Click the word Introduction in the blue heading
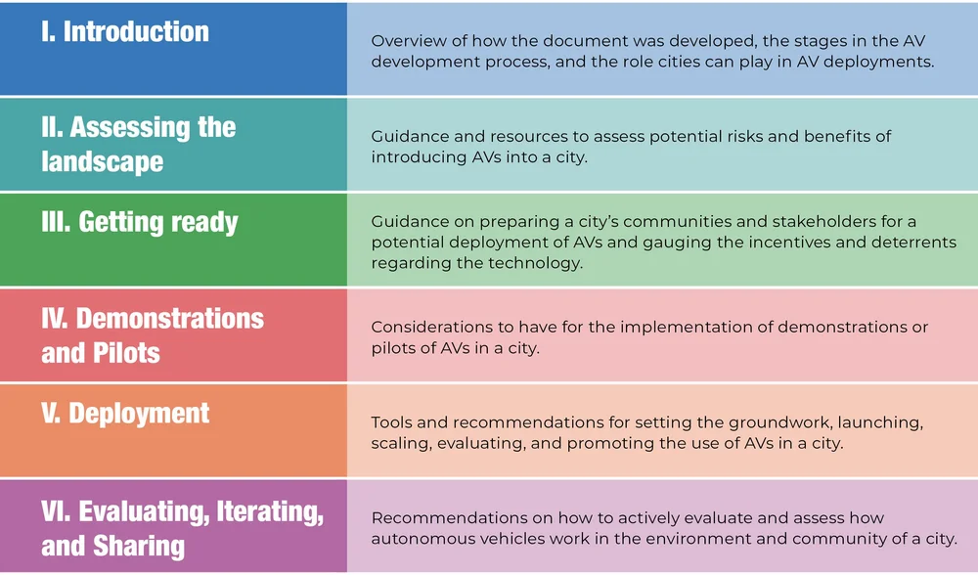coord(136,31)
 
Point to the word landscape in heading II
coord(102,161)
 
